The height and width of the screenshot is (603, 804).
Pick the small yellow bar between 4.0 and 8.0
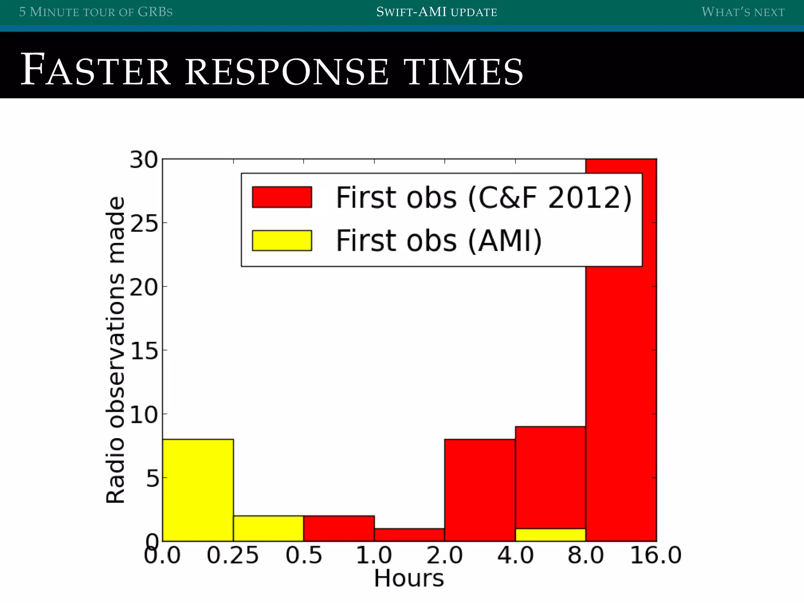[x=550, y=535]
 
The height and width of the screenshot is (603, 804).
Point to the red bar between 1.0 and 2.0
[x=409, y=535]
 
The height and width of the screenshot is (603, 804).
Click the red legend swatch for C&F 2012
[x=282, y=197]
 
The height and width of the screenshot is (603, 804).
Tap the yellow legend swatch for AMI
[x=282, y=240]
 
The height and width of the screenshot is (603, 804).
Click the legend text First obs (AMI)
[x=439, y=240]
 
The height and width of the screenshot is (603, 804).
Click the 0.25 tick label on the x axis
[x=233, y=556]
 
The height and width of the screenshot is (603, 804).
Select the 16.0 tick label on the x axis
[x=656, y=556]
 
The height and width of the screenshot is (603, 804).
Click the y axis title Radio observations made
[x=115, y=350]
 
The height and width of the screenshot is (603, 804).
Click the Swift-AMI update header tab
[x=437, y=12]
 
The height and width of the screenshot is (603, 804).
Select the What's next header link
[x=743, y=12]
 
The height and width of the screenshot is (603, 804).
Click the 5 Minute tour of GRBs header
[x=96, y=12]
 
